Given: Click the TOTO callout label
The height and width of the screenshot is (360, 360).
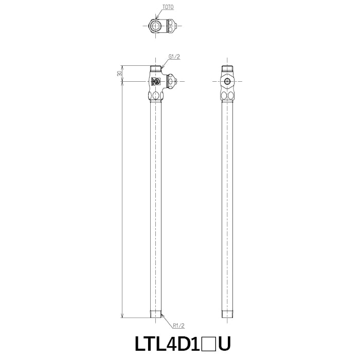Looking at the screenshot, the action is [x=168, y=7].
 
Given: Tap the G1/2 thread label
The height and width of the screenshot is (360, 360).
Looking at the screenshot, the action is [x=174, y=57].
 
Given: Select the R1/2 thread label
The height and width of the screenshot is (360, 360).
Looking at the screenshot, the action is [x=178, y=326].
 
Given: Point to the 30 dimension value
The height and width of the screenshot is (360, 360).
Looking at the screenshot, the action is [x=119, y=74].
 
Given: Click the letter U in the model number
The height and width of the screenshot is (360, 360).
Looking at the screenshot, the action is [x=224, y=344].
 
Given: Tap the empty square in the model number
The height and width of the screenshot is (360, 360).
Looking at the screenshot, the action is [x=208, y=344].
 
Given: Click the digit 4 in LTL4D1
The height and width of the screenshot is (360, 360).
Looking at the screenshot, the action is [x=171, y=344].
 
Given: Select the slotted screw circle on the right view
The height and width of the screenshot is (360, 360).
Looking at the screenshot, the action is [x=227, y=81].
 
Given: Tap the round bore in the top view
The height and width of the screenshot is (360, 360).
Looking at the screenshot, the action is [x=156, y=26].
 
